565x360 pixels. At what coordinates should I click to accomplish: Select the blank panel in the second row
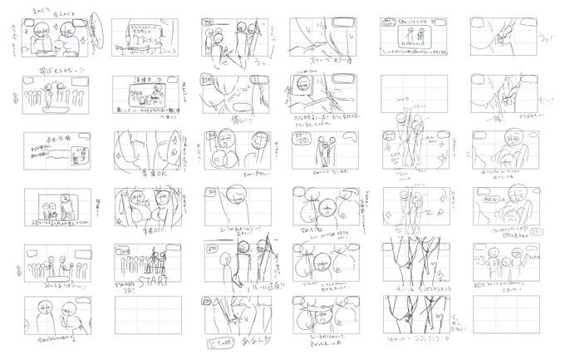(x=414, y=94)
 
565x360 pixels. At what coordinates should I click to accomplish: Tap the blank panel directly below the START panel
(x=146, y=315)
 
